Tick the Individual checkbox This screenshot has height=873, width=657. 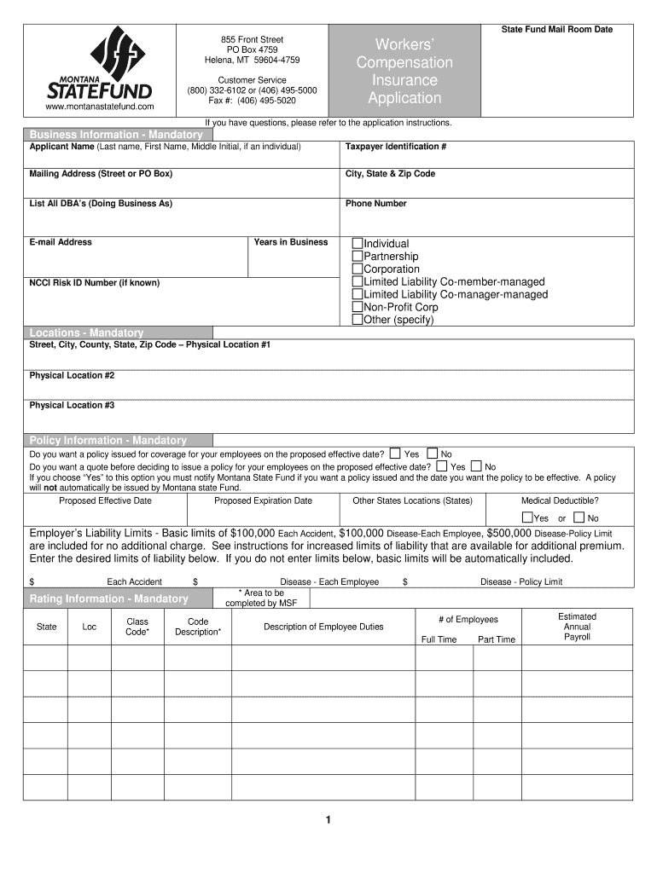click(358, 244)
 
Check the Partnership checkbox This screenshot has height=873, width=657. click(358, 257)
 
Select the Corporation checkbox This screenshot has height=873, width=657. click(358, 269)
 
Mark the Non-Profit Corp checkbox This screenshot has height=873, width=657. click(358, 307)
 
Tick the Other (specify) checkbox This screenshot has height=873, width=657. click(358, 320)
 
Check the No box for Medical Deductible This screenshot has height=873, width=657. click(579, 517)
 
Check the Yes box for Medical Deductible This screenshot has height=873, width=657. click(527, 517)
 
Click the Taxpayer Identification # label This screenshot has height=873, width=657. click(396, 147)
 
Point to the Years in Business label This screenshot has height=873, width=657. click(290, 242)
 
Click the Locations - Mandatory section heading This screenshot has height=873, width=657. click(86, 332)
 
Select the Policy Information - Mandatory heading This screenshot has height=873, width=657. click(108, 440)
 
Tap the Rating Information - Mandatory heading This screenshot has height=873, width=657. click(108, 599)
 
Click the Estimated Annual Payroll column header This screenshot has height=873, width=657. click(577, 627)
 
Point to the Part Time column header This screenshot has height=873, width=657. click(497, 639)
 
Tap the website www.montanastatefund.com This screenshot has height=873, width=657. click(99, 107)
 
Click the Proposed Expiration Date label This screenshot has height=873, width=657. click(263, 500)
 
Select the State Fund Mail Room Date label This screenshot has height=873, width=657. click(556, 30)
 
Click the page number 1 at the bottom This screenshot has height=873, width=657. click(328, 820)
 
